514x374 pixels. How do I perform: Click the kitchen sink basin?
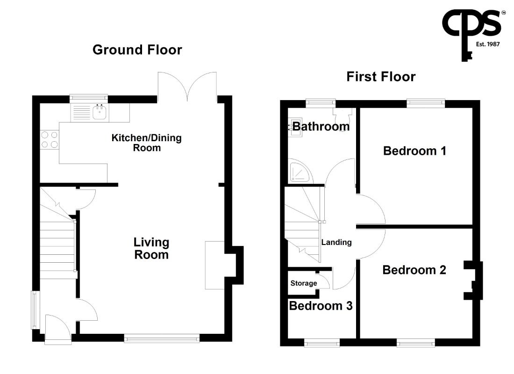[x=100, y=112]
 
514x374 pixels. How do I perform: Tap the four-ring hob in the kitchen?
[x=50, y=139]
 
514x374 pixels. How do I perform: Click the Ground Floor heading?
[x=137, y=50]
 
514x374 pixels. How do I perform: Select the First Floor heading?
[x=381, y=77]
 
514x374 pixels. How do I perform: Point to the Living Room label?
[x=151, y=248]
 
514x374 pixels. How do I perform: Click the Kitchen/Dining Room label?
[x=147, y=143]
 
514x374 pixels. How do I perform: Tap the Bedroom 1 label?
[x=414, y=151]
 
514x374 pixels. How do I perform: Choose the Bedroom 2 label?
[x=414, y=270]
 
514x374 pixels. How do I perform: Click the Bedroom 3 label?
[x=321, y=306]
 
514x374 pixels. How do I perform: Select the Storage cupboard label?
[x=304, y=283]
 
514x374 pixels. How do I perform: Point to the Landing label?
[x=336, y=243]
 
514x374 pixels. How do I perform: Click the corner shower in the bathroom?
[x=300, y=171]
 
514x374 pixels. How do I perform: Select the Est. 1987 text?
[x=488, y=44]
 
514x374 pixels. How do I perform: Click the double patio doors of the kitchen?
[x=187, y=86]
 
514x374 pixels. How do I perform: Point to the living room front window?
[x=162, y=338]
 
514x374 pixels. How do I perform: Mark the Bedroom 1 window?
[x=426, y=103]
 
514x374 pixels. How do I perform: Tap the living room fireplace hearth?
[x=215, y=265]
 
